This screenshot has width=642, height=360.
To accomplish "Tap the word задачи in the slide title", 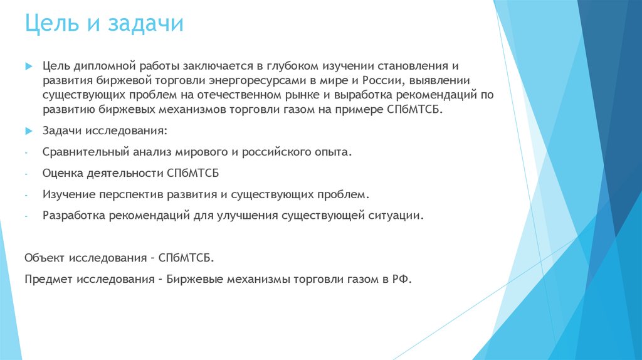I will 148,24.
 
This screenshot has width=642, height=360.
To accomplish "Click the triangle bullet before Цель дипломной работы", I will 28,66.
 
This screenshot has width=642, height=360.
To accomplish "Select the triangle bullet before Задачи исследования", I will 28,131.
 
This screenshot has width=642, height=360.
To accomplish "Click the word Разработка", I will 73,216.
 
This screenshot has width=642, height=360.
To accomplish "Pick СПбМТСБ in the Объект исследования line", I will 186,258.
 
